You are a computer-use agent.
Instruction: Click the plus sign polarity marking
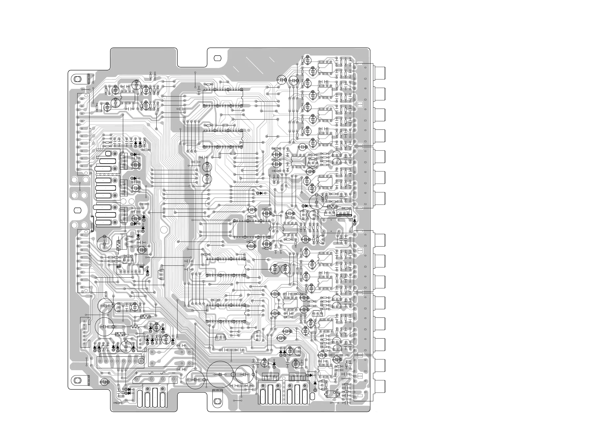(136, 373)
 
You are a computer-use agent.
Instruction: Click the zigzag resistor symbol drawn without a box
(135, 327)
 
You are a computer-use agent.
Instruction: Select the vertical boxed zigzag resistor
(118, 245)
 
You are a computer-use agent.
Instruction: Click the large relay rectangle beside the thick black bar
(336, 226)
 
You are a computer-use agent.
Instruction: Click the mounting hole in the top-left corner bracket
(78, 79)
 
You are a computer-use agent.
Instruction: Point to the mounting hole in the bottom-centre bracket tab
(217, 409)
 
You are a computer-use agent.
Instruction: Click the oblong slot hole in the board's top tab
(217, 58)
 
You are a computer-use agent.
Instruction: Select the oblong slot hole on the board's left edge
(78, 210)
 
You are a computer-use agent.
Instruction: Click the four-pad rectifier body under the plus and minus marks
(155, 379)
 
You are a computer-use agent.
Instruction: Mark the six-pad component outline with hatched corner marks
(130, 269)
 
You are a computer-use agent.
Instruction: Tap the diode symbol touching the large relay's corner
(355, 221)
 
